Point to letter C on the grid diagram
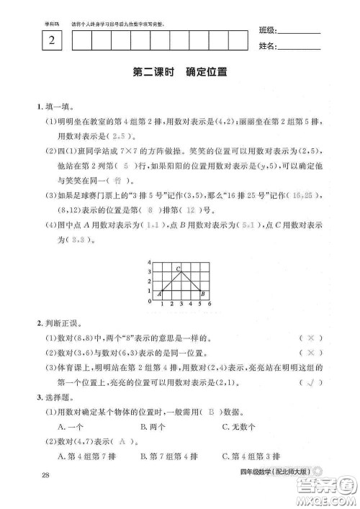[178, 268]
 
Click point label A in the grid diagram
[158, 293]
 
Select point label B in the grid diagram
[203, 293]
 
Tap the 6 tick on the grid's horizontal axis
[209, 305]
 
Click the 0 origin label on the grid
[149, 302]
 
